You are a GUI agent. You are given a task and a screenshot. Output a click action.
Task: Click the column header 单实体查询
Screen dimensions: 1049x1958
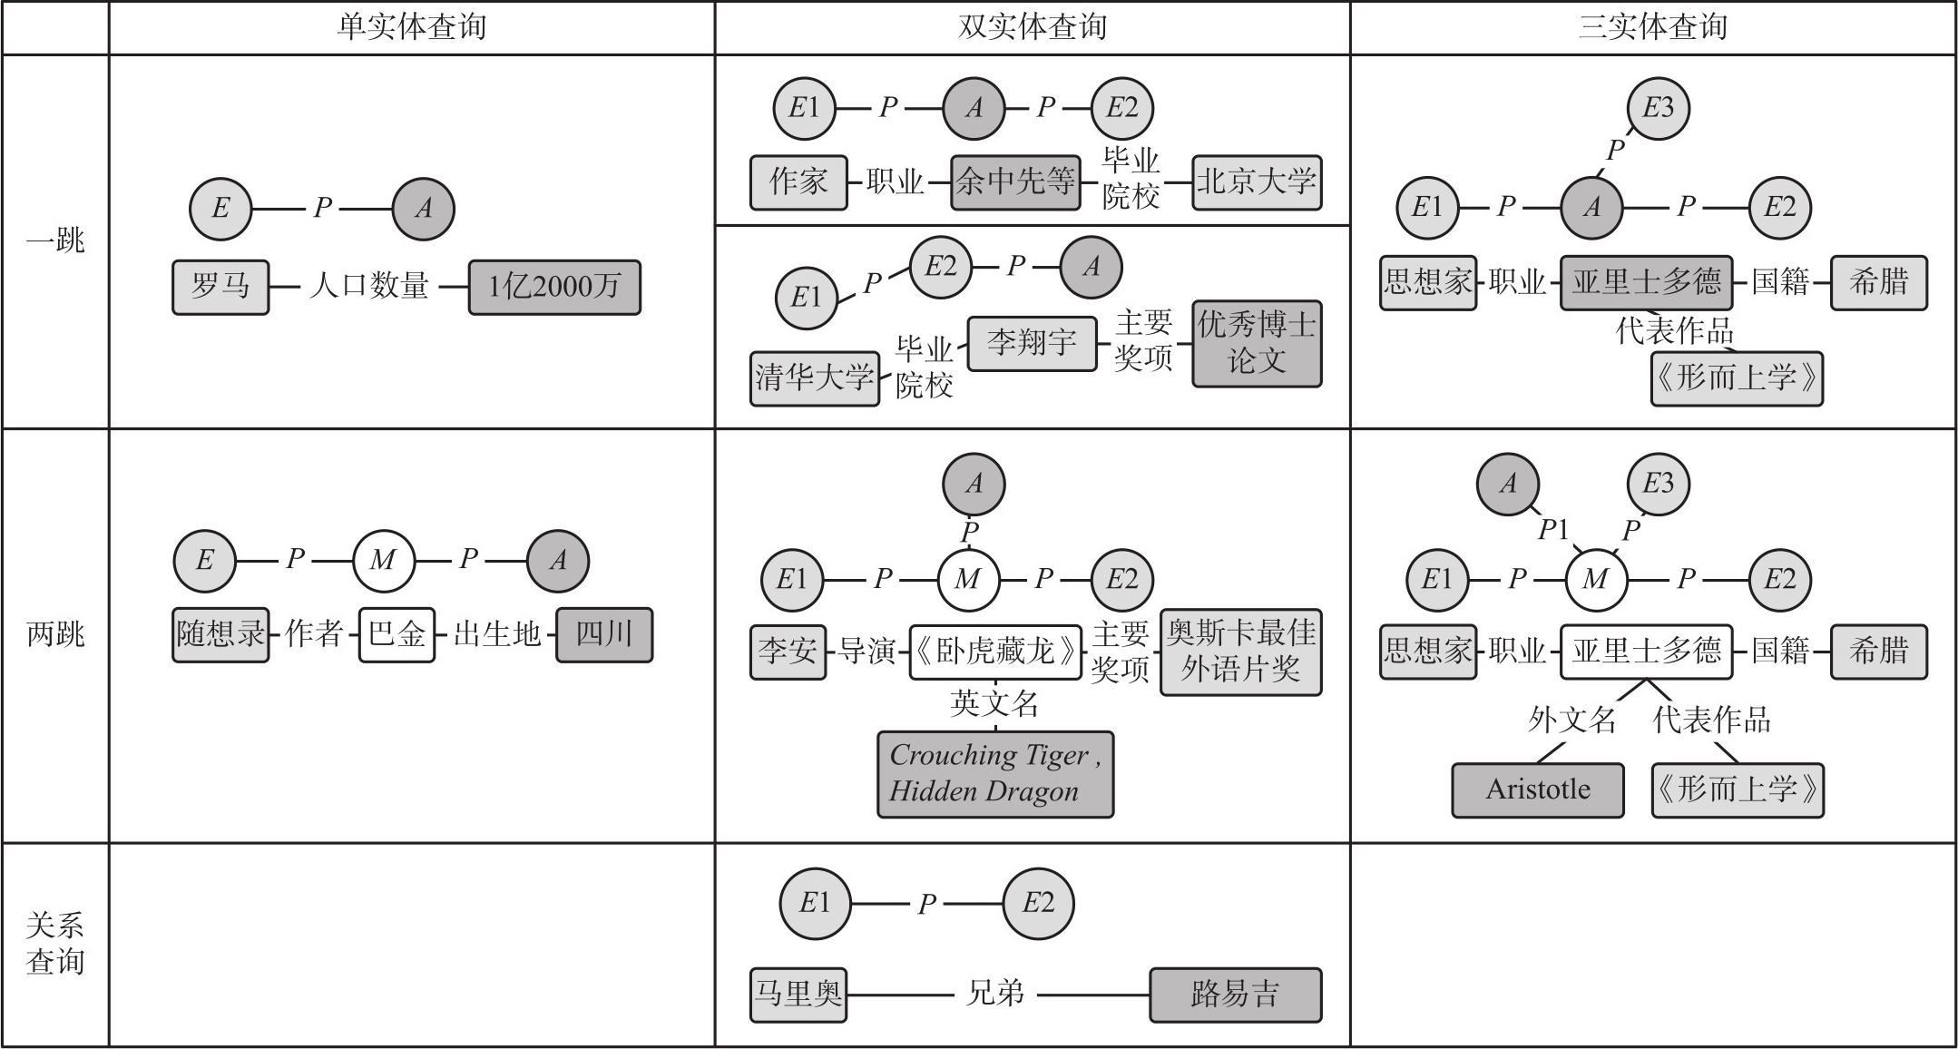click(x=411, y=27)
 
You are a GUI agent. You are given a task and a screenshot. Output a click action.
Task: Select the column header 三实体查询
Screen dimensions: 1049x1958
click(x=1652, y=27)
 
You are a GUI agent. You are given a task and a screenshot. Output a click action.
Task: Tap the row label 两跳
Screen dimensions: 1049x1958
click(x=55, y=633)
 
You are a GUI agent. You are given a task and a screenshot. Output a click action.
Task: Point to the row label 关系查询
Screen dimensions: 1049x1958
click(x=55, y=944)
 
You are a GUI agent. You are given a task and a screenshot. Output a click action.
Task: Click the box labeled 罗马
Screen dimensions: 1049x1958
click(x=220, y=287)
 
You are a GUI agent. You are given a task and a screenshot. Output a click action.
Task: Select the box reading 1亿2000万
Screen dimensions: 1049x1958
click(x=554, y=287)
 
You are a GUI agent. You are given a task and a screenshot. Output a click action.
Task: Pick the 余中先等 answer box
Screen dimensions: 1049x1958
click(x=1015, y=181)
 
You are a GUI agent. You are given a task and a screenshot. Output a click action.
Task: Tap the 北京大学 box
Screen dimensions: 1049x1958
click(x=1256, y=181)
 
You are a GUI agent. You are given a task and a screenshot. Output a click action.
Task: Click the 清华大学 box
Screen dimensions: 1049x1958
click(x=814, y=377)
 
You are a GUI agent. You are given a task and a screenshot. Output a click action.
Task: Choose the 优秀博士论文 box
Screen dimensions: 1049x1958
click(x=1256, y=343)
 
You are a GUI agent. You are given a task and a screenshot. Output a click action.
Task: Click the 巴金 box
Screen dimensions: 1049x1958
click(x=396, y=633)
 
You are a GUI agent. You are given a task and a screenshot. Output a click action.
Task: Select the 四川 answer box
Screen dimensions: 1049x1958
click(x=603, y=633)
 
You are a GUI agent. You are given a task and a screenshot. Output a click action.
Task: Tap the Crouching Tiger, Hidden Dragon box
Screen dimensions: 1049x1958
click(x=994, y=773)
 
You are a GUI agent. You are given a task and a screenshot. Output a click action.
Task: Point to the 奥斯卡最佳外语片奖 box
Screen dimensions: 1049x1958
click(x=1240, y=652)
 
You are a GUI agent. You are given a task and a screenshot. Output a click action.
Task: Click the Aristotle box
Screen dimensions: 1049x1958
click(x=1537, y=789)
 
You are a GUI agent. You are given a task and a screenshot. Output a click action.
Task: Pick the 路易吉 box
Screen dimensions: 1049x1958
click(x=1235, y=995)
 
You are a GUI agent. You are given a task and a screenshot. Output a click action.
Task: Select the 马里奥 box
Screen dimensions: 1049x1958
click(x=798, y=995)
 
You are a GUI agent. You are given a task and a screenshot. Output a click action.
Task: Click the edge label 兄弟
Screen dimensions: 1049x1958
click(x=995, y=994)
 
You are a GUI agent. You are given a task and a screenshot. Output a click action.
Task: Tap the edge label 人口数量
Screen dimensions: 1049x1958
click(x=368, y=287)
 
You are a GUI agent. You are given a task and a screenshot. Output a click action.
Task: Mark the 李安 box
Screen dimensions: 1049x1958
click(x=788, y=651)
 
